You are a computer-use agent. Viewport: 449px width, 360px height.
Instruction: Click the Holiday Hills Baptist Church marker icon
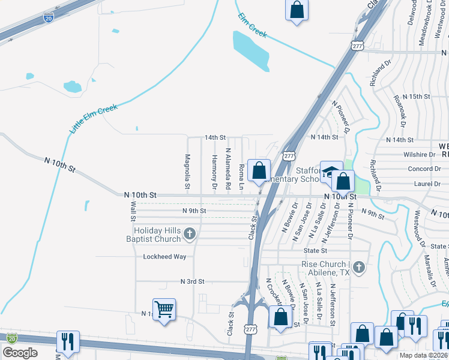tap(190, 233)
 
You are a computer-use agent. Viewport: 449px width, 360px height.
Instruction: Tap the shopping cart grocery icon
tap(164, 310)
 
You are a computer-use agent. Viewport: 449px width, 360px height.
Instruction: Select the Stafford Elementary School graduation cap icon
tap(330, 172)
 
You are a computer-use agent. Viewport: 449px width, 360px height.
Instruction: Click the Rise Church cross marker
tap(358, 267)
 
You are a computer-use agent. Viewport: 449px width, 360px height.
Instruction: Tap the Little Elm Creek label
tap(93, 118)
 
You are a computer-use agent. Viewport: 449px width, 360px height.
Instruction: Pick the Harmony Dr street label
tap(214, 170)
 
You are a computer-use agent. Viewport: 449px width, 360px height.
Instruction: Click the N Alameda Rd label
tap(228, 169)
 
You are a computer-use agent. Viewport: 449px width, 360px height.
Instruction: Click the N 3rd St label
tap(193, 281)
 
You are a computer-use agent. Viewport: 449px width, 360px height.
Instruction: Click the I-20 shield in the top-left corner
tap(49, 18)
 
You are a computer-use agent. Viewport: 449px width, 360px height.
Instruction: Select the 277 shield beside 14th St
tap(289, 156)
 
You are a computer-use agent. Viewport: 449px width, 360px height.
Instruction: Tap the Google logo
tap(19, 353)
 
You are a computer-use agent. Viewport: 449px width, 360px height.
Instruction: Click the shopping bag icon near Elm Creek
tap(297, 10)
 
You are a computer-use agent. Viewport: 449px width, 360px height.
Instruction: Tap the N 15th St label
tap(417, 97)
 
